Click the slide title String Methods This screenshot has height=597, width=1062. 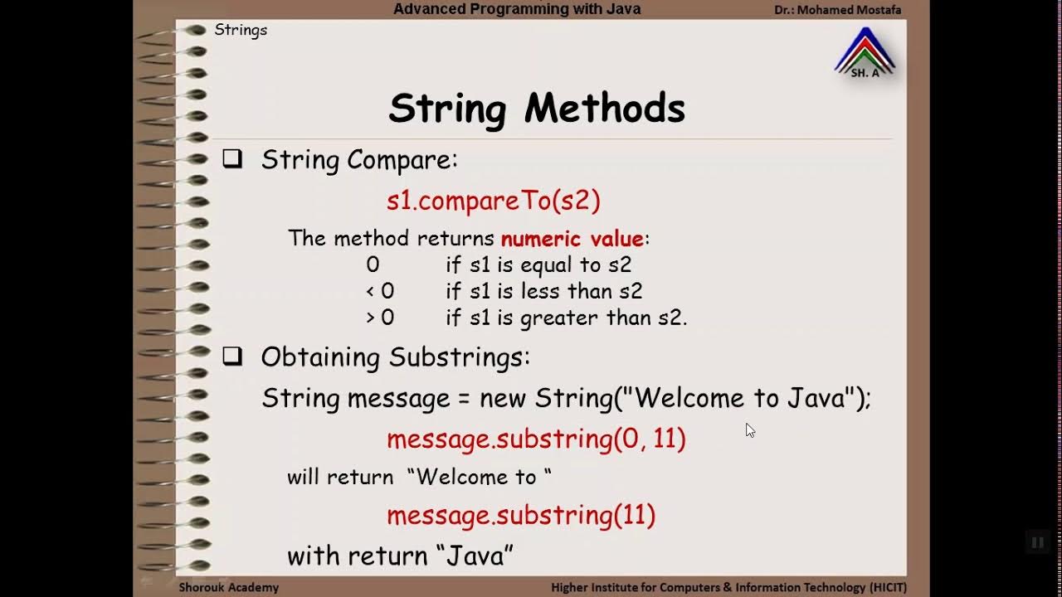pyautogui.click(x=537, y=109)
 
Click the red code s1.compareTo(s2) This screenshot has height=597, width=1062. pyautogui.click(x=493, y=200)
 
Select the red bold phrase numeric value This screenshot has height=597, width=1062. pyautogui.click(x=572, y=239)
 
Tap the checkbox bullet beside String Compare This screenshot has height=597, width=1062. pyautogui.click(x=232, y=159)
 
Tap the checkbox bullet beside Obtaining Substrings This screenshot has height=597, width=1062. pyautogui.click(x=232, y=357)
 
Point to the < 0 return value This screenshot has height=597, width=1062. pyautogui.click(x=380, y=291)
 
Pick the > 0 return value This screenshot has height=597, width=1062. pyautogui.click(x=380, y=318)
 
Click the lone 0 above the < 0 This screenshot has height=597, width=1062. pyautogui.click(x=373, y=265)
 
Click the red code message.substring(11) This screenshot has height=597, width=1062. pyautogui.click(x=521, y=515)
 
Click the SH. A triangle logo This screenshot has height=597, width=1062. pyautogui.click(x=865, y=54)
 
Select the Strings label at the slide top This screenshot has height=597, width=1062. pyautogui.click(x=241, y=30)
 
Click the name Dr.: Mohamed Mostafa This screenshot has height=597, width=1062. pyautogui.click(x=837, y=10)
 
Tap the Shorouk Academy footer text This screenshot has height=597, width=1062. pyautogui.click(x=229, y=587)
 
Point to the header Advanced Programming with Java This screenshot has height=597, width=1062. pyautogui.click(x=517, y=9)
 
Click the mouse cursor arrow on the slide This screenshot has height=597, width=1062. pyautogui.click(x=749, y=429)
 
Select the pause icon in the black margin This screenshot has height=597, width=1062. pyautogui.click(x=1037, y=543)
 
